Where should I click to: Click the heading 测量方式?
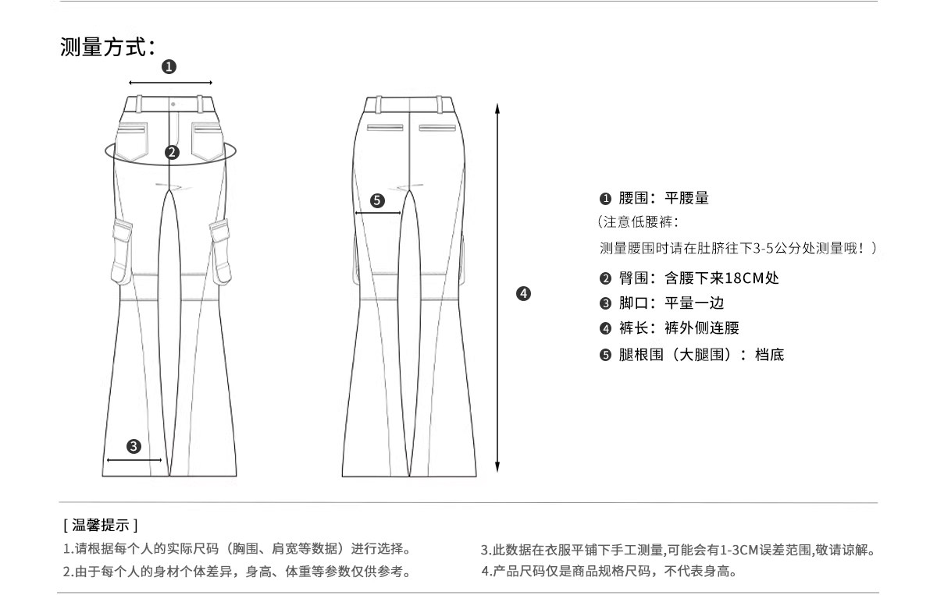pyautogui.click(x=102, y=47)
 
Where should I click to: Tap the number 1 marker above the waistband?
pyautogui.click(x=169, y=67)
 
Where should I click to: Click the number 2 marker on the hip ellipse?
pyautogui.click(x=172, y=153)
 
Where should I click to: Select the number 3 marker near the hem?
pyautogui.click(x=134, y=446)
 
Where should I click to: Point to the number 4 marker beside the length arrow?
pyautogui.click(x=524, y=293)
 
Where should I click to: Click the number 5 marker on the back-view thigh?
pyautogui.click(x=377, y=200)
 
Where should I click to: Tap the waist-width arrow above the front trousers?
pyautogui.click(x=170, y=82)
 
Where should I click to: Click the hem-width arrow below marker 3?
pyautogui.click(x=134, y=459)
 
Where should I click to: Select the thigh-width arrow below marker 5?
pyautogui.click(x=378, y=212)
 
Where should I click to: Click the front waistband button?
pyautogui.click(x=172, y=102)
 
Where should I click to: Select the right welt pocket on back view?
pyautogui.click(x=437, y=127)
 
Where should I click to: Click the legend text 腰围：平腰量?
pyautogui.click(x=664, y=198)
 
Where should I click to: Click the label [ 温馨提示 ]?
pyautogui.click(x=101, y=525)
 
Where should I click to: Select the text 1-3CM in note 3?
pyautogui.click(x=737, y=550)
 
